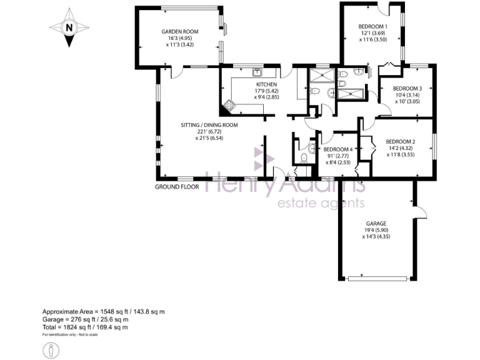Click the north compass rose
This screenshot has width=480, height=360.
69,28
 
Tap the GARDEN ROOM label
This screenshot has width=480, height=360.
179,31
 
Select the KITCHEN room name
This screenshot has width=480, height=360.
267,84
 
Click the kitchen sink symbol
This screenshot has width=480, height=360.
256,72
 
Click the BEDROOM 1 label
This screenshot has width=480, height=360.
373,26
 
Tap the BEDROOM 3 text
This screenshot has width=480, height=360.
407,89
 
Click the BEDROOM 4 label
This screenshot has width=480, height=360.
338,149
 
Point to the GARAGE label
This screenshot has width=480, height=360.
376,223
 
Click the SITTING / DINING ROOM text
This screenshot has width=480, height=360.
209,125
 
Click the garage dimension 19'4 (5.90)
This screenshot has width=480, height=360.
376,230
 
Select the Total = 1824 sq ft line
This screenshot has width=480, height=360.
85,327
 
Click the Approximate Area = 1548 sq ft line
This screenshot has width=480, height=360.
103,311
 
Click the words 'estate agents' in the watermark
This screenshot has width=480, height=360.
321,204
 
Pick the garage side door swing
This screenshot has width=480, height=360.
421,212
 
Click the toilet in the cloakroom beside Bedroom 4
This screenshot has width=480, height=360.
302,157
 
